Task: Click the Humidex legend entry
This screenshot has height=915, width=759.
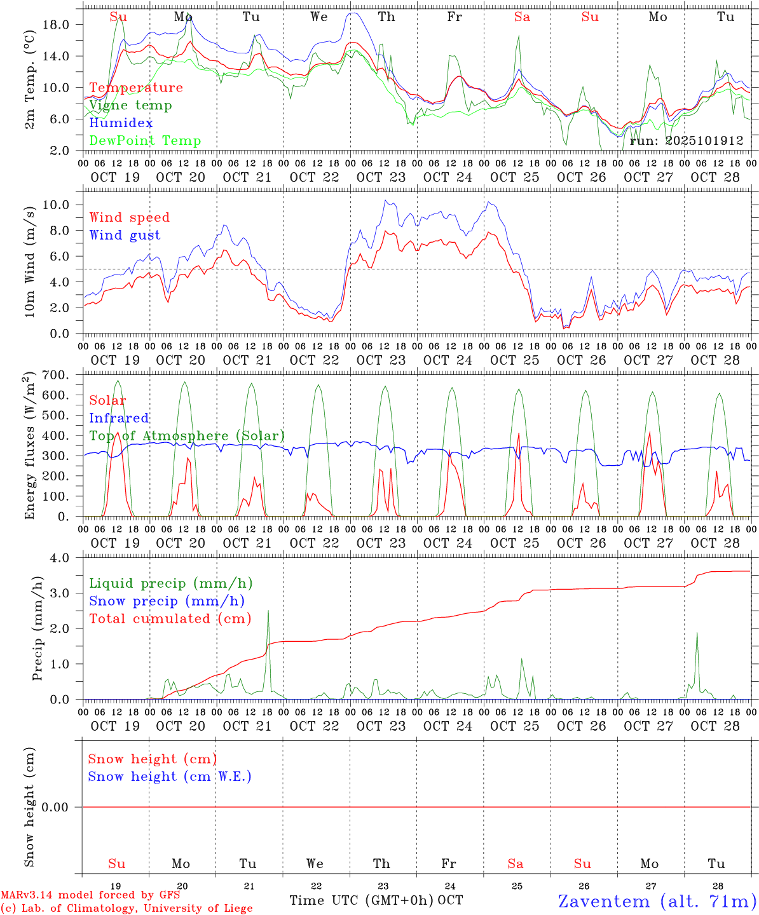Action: pyautogui.click(x=121, y=123)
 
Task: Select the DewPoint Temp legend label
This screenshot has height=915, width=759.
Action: pyautogui.click(x=145, y=141)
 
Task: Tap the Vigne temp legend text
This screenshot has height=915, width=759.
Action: pyautogui.click(x=130, y=105)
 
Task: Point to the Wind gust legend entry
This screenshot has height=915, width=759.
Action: pyautogui.click(x=125, y=235)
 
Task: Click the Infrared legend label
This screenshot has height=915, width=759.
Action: pyautogui.click(x=119, y=418)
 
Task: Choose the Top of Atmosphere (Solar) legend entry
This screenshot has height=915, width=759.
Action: pyautogui.click(x=186, y=436)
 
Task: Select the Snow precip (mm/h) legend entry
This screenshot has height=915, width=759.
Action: pyautogui.click(x=167, y=601)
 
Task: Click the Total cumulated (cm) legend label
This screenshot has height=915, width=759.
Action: pyautogui.click(x=170, y=619)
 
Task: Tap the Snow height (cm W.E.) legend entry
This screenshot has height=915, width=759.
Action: pyautogui.click(x=169, y=776)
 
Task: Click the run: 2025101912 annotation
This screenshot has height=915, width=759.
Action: pyautogui.click(x=686, y=141)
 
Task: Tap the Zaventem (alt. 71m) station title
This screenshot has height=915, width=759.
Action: pyautogui.click(x=657, y=901)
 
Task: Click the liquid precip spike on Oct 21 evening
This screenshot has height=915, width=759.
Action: pyautogui.click(x=268, y=612)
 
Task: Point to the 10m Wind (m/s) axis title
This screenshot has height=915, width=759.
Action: pyautogui.click(x=29, y=260)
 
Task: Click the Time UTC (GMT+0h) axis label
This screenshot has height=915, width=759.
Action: pyautogui.click(x=362, y=900)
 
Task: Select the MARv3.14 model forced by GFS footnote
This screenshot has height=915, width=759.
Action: pyautogui.click(x=90, y=895)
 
